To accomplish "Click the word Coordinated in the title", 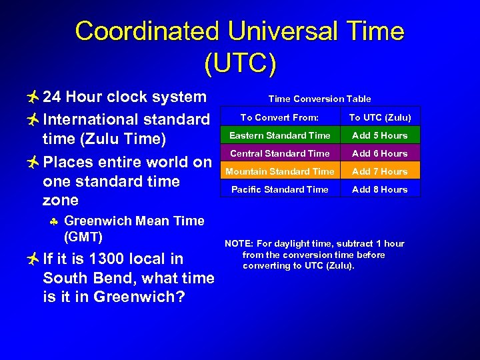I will click(x=147, y=31).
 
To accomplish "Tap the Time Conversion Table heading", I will click(x=319, y=99).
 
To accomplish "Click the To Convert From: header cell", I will click(x=279, y=117).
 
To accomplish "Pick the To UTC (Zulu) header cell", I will click(x=380, y=117).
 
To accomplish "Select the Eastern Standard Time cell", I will click(x=279, y=135).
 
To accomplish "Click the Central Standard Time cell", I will click(x=279, y=153).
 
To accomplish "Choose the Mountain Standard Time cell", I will click(x=279, y=171).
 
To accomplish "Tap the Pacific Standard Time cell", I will click(x=279, y=189).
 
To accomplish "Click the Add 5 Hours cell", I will click(x=380, y=135).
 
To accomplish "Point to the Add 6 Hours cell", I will click(x=380, y=153).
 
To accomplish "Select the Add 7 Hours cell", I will click(x=380, y=171).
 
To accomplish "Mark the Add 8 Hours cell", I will click(x=380, y=189).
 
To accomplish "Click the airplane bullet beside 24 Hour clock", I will click(x=31, y=97).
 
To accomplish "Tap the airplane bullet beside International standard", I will click(x=31, y=120).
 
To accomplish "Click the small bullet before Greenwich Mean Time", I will click(x=54, y=221).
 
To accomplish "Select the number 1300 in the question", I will click(x=106, y=259).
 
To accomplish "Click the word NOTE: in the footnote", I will click(x=238, y=244).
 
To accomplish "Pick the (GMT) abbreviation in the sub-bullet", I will click(x=83, y=237).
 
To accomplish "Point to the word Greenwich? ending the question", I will click(x=137, y=297).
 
